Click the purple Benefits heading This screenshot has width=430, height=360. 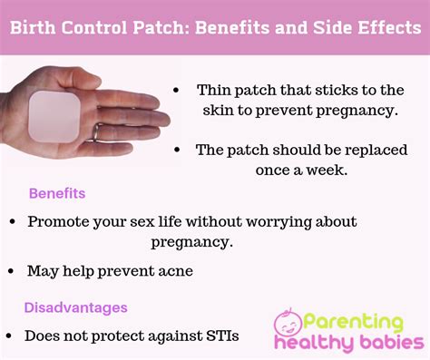[57, 194]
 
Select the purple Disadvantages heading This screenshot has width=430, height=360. [75, 307]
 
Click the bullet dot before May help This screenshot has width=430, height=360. [13, 271]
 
